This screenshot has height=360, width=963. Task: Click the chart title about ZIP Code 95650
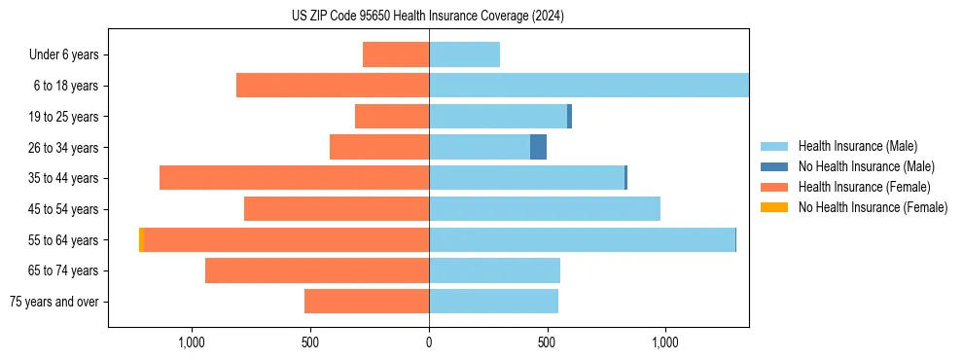pos(428,16)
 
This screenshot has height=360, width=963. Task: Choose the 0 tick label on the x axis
pos(429,343)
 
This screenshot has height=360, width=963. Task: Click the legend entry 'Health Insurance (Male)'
pos(853,146)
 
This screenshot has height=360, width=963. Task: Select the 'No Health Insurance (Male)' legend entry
pos(862,166)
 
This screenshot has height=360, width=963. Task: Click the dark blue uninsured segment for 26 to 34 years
pos(538,147)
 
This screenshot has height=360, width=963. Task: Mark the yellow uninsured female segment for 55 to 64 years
pos(141,239)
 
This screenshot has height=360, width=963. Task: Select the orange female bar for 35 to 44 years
pos(294,178)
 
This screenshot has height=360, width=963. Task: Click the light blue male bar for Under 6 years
pos(464,54)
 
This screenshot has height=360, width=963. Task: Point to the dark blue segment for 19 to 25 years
pos(569,117)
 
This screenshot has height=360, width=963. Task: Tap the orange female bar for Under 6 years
pos(396,54)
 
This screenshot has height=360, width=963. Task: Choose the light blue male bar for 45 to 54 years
pos(545,209)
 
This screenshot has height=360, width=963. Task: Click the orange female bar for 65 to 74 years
pos(317,270)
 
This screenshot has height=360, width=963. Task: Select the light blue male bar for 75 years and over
pos(493,302)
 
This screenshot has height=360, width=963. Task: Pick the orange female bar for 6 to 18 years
pos(333,86)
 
